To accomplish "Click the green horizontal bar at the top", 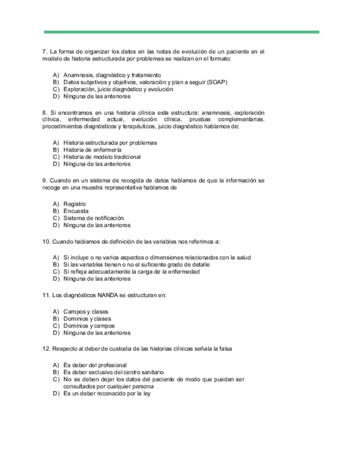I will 181,32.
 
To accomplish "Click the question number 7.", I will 44,52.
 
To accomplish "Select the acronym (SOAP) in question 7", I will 218,82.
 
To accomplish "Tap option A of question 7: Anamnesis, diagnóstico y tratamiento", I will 112,75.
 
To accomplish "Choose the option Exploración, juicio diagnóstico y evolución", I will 118,89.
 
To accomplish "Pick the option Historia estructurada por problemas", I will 110,143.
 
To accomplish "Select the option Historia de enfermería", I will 92,150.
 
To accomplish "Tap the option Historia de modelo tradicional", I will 102,157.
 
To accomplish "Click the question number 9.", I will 44,180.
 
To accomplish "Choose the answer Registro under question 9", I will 75,204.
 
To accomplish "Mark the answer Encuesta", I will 76,211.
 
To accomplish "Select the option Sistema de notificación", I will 93,218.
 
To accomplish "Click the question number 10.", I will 46,241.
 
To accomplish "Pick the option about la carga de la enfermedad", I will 131,271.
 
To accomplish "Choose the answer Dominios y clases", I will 87,319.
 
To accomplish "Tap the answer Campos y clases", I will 86,312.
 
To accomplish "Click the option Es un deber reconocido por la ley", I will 107,393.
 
